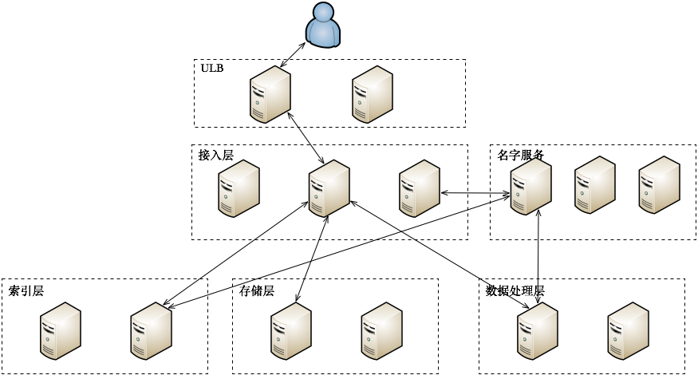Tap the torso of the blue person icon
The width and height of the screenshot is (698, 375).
(323, 33)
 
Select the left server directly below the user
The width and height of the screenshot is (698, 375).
(270, 94)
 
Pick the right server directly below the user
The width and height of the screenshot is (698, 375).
(373, 94)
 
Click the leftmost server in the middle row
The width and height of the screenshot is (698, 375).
(239, 188)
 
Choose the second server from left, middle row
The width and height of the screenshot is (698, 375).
(329, 188)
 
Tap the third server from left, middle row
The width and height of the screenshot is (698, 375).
(420, 188)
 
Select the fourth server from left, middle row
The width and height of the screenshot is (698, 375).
(530, 186)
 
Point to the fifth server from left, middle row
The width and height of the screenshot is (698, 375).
(595, 184)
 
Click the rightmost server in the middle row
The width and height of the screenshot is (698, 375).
(659, 184)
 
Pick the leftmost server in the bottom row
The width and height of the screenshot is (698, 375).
(61, 330)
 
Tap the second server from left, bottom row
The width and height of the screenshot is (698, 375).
(151, 330)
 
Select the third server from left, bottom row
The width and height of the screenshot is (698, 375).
(291, 330)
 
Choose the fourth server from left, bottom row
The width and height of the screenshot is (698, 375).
(381, 330)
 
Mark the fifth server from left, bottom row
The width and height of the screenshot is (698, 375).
(538, 330)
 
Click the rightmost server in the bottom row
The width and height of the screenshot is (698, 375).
(628, 330)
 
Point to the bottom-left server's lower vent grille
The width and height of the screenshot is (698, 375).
(49, 349)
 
